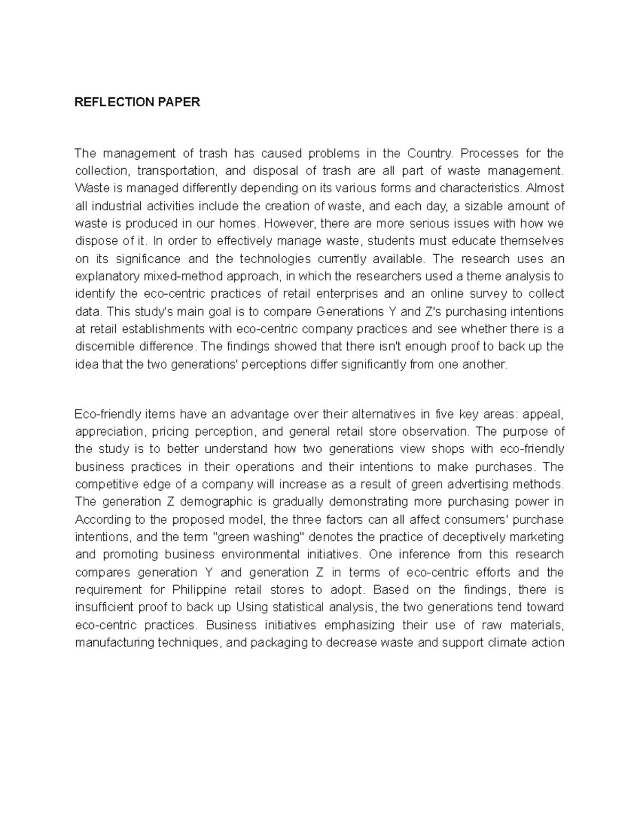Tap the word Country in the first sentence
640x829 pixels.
429,154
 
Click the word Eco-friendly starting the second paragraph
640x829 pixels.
108,414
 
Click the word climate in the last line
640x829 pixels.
509,643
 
